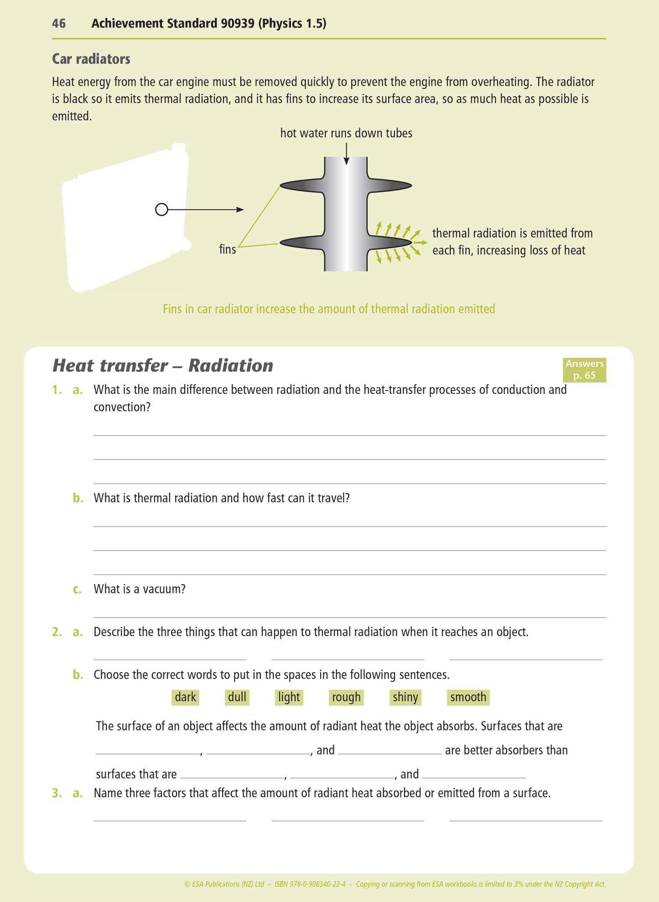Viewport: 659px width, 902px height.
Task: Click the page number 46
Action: (x=59, y=24)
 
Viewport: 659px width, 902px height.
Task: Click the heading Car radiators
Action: (x=91, y=59)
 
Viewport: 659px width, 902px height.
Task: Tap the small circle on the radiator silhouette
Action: (x=161, y=210)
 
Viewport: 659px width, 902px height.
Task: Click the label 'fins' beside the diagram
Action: (x=228, y=250)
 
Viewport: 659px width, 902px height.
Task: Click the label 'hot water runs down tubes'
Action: (x=346, y=133)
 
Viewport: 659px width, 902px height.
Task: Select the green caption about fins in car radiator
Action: (x=329, y=309)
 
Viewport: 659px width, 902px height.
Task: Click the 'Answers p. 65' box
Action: (x=584, y=370)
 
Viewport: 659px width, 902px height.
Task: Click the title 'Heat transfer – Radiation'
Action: (x=162, y=366)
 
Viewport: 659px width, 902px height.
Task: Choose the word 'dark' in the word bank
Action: (x=185, y=697)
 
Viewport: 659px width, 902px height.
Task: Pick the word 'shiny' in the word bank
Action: (x=405, y=697)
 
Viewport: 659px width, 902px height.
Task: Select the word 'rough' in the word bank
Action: (x=346, y=697)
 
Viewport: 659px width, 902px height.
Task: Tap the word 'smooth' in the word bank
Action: (x=468, y=697)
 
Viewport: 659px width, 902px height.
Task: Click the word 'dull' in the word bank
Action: (x=237, y=697)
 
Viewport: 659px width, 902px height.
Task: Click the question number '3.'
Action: (x=57, y=793)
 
